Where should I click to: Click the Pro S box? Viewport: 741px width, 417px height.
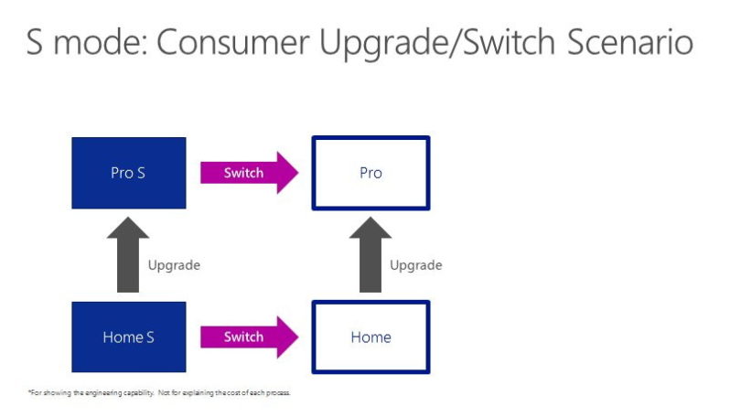[x=129, y=173]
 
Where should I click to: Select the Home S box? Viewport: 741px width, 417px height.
[x=129, y=337]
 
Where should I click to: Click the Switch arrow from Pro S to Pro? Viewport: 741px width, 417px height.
[x=250, y=173]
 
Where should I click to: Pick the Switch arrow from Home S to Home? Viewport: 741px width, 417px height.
[x=250, y=337]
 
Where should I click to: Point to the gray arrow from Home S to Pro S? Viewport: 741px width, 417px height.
[x=128, y=254]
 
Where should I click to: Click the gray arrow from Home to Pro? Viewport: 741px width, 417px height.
[x=370, y=254]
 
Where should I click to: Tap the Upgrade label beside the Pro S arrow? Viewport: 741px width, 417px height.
[x=174, y=265]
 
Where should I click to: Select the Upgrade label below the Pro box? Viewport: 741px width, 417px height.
[x=416, y=265]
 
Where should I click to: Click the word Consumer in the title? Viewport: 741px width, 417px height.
[x=233, y=42]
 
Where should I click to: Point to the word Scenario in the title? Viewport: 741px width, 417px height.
[x=630, y=42]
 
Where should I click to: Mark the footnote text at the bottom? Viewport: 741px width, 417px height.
[x=159, y=392]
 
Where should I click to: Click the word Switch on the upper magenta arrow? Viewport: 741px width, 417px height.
[x=243, y=173]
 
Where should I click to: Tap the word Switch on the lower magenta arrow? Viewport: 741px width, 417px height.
[x=243, y=337]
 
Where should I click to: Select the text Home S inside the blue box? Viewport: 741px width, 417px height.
[x=129, y=337]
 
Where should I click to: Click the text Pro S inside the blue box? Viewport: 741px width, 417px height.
[x=128, y=173]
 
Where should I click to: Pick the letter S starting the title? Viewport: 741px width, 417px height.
[x=35, y=42]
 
